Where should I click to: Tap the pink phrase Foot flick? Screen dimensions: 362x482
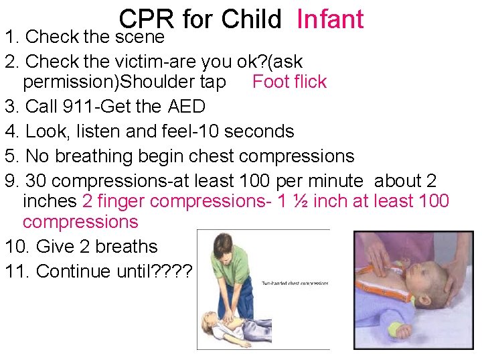289,82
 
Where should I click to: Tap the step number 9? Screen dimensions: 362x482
11,180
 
